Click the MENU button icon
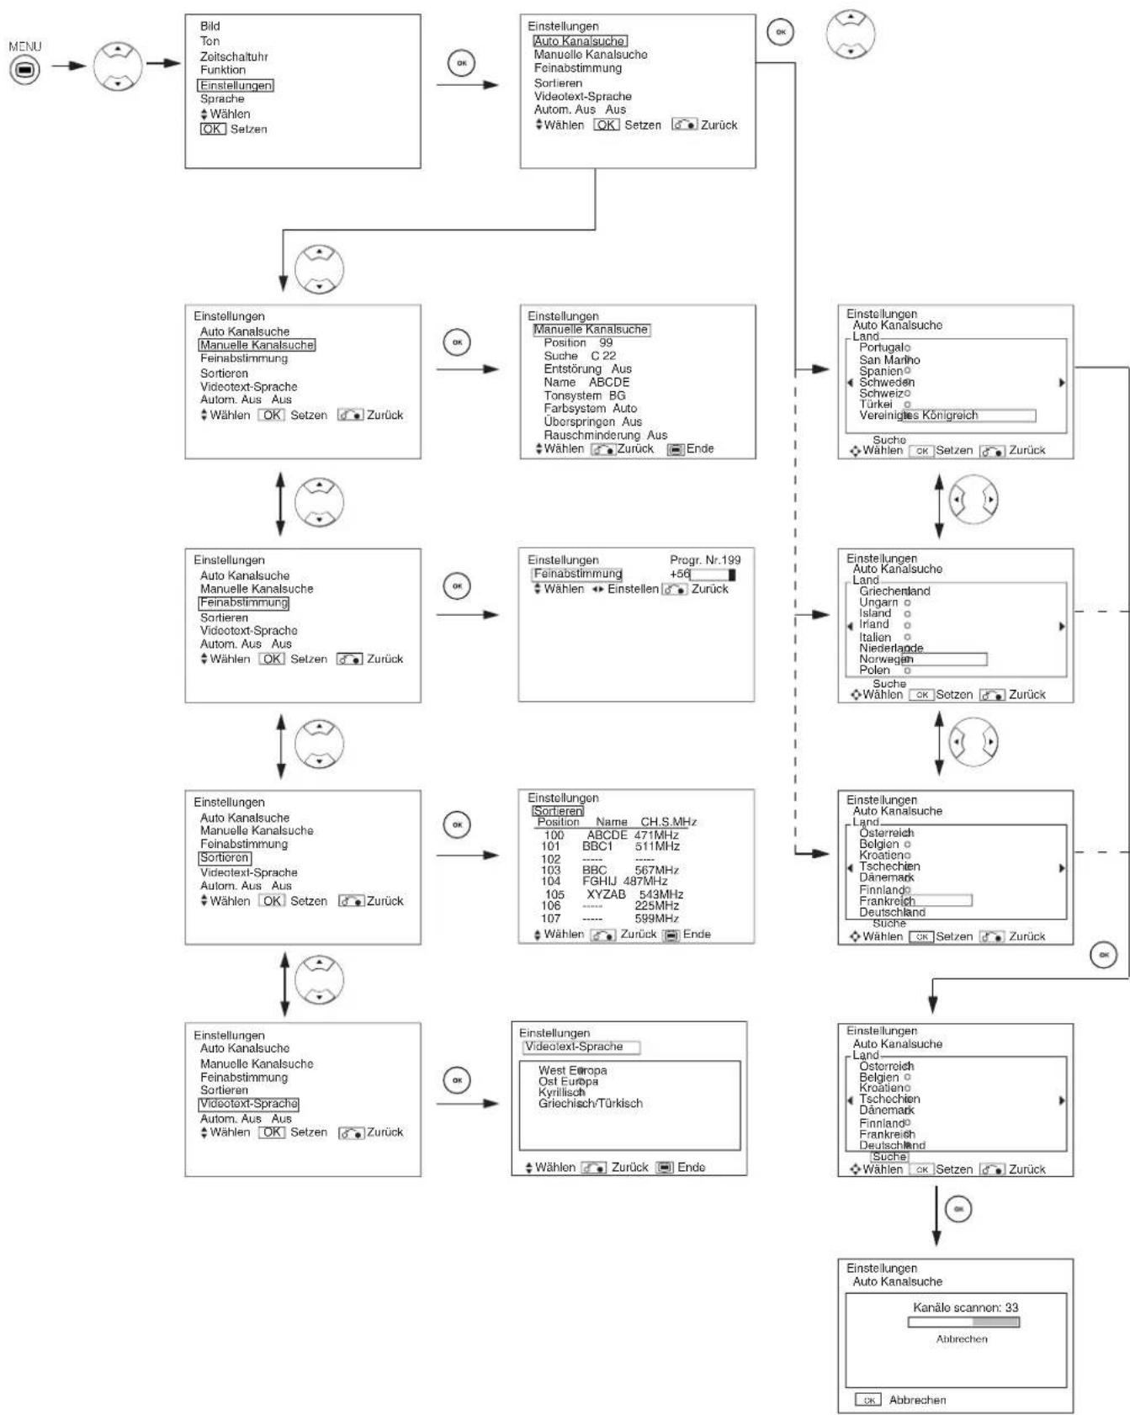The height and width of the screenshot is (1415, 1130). [x=24, y=72]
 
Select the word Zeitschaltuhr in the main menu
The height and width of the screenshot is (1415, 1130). [x=234, y=56]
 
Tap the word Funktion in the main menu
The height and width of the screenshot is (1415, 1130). [x=223, y=70]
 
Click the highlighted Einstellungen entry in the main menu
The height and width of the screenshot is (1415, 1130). [x=236, y=85]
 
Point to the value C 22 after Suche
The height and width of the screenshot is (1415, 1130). [x=603, y=356]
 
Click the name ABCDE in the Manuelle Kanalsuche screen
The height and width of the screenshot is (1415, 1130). [x=609, y=382]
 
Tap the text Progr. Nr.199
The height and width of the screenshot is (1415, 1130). [x=705, y=559]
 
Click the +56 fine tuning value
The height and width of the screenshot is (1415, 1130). [x=680, y=574]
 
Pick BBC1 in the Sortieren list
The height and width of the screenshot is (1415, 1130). [x=597, y=846]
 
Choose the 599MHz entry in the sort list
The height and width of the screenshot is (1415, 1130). [x=657, y=919]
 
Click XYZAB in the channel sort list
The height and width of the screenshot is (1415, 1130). [x=606, y=894]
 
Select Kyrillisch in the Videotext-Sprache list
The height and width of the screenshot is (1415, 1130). [x=562, y=1092]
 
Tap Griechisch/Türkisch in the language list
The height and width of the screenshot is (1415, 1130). [x=591, y=1103]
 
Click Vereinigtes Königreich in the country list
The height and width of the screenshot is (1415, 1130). [x=919, y=415]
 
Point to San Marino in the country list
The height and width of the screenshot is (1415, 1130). [x=889, y=360]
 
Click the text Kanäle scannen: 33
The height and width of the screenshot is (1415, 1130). [x=965, y=1307]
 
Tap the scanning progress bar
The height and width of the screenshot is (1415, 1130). [x=963, y=1322]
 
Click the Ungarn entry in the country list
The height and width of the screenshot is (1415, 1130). [x=878, y=602]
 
